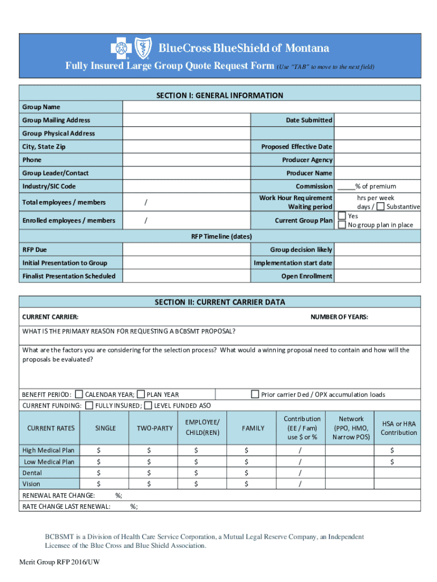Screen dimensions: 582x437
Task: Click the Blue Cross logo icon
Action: pos(120,48)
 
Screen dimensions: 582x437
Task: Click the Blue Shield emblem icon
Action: pos(140,48)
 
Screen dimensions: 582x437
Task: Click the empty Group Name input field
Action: pos(271,107)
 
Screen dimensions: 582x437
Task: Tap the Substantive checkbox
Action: pos(380,206)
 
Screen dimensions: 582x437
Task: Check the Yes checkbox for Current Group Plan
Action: pos(342,215)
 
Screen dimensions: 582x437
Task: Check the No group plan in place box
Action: pos(342,225)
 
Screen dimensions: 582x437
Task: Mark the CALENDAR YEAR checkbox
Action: pos(79,394)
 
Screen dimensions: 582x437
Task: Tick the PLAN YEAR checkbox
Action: pos(141,394)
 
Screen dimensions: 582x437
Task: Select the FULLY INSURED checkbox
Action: pos(90,405)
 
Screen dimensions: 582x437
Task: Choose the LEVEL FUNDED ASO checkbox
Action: pos(148,405)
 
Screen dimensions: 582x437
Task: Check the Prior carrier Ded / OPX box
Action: pos(255,394)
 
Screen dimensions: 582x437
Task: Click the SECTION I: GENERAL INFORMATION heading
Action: pos(219,95)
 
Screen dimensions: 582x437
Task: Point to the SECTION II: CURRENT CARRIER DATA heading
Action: pos(219,302)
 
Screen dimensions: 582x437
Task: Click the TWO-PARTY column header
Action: pos(154,428)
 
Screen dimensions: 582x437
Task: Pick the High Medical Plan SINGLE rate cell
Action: pos(105,450)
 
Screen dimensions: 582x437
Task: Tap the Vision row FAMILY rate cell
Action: pos(253,484)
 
